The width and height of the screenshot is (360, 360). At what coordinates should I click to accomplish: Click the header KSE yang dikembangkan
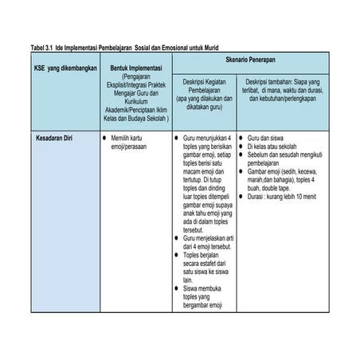click(60, 70)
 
